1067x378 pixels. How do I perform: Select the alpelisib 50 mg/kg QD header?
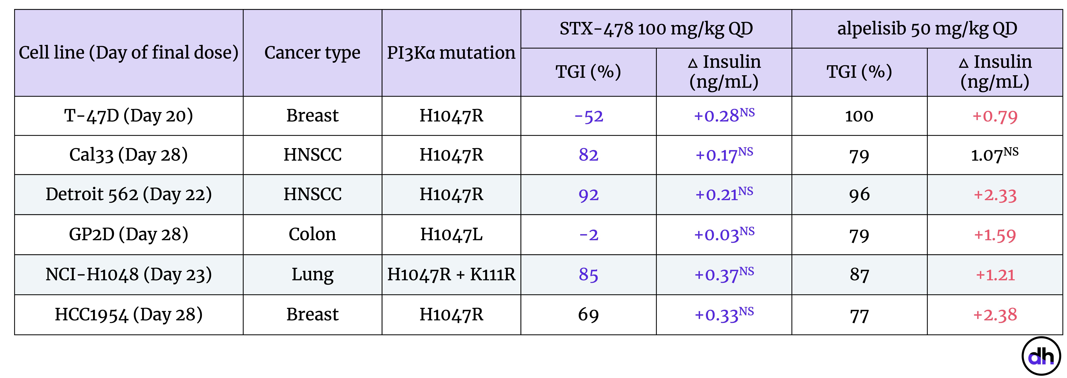coord(927,29)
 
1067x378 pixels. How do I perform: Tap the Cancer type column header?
coord(312,53)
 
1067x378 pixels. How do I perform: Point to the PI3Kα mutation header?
coord(451,53)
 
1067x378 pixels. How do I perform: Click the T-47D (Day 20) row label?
coord(128,115)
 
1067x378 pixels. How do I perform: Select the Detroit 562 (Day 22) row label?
coord(128,194)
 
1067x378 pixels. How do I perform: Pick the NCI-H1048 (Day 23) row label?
coord(128,274)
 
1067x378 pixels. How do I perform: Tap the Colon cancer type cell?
coord(312,234)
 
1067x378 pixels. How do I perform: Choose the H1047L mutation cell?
coord(451,234)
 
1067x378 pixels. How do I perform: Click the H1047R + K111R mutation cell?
coord(451,274)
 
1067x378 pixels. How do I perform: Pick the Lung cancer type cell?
coord(312,274)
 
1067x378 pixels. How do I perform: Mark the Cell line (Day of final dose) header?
coord(128,53)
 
